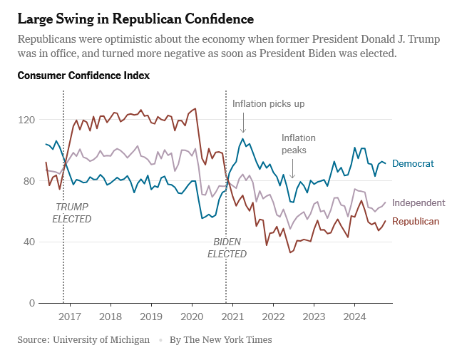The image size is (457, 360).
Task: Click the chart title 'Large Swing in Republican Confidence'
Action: pos(135,16)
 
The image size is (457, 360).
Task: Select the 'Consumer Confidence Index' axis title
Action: pos(83,75)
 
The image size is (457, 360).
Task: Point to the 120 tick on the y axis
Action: pos(27,120)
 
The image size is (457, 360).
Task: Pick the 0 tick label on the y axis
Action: pos(32,303)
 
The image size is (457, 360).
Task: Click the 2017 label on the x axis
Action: pos(70,317)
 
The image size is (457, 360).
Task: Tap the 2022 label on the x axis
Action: pos(274,317)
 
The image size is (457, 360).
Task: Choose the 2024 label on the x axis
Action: pos(355,317)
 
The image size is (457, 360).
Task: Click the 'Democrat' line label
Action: pos(413,164)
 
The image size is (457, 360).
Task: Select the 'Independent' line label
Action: pos(419,203)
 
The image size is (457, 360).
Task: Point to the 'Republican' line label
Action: pos(416,222)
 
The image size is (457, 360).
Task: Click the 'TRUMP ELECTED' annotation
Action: pos(72,213)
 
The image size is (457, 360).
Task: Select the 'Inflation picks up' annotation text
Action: pos(268,104)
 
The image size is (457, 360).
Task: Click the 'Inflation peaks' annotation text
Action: pos(298,144)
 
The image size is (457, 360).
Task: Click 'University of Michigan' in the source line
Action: pos(101,340)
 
